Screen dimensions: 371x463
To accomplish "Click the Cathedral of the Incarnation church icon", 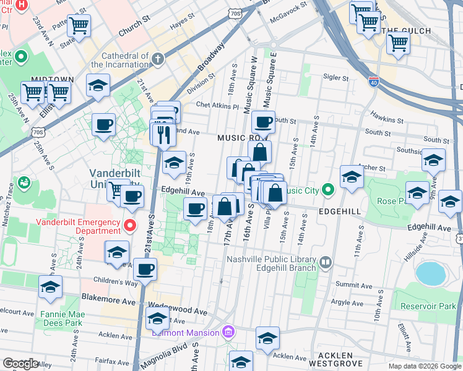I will pyautogui.click(x=158, y=59).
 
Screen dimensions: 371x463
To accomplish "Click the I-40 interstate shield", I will pyautogui.click(x=373, y=81).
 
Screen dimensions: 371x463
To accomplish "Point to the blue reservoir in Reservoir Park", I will pyautogui.click(x=431, y=273).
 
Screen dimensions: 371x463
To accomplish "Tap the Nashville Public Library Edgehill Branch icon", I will pyautogui.click(x=325, y=264).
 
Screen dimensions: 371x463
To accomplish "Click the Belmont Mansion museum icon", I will pyautogui.click(x=228, y=333).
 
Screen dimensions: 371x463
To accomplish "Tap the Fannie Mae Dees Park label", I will pyautogui.click(x=61, y=318).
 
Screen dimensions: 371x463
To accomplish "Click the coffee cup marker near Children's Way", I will pyautogui.click(x=145, y=269).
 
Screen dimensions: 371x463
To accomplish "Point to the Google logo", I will pyautogui.click(x=20, y=363).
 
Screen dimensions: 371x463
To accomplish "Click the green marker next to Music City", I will pyautogui.click(x=329, y=189).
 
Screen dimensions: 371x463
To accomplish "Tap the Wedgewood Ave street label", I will pyautogui.click(x=178, y=311).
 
